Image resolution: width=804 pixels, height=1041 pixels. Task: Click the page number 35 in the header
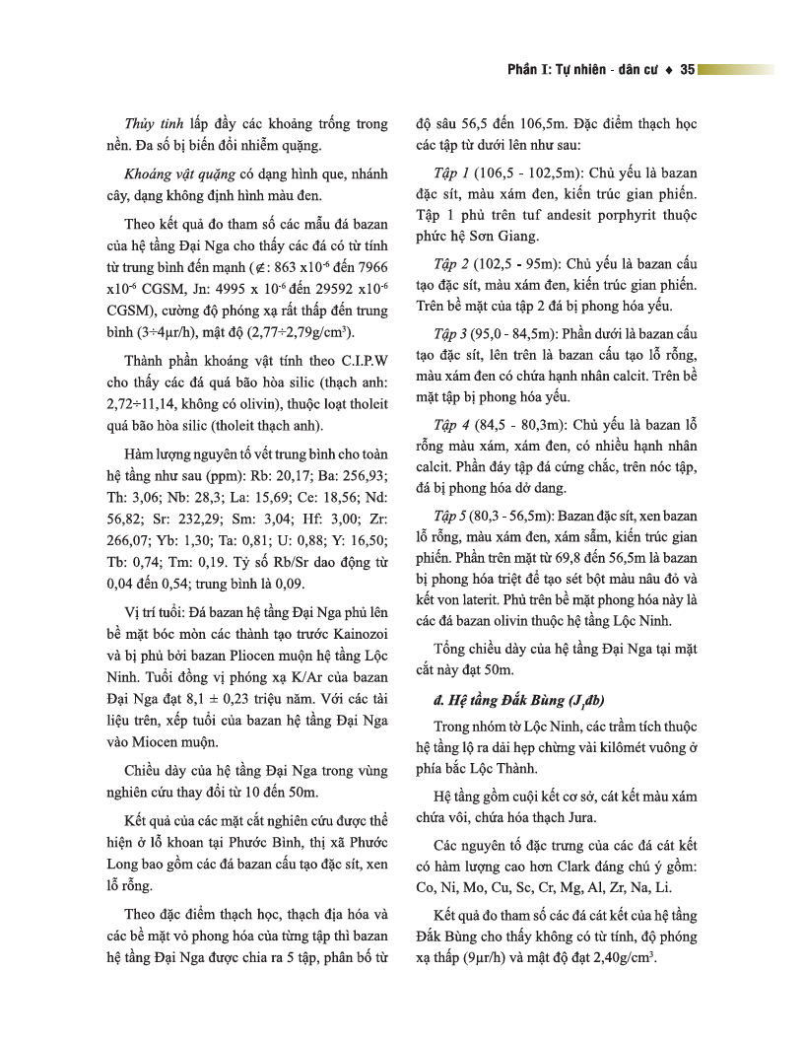[x=688, y=70]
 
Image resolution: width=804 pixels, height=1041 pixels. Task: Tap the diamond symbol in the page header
[x=669, y=70]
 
